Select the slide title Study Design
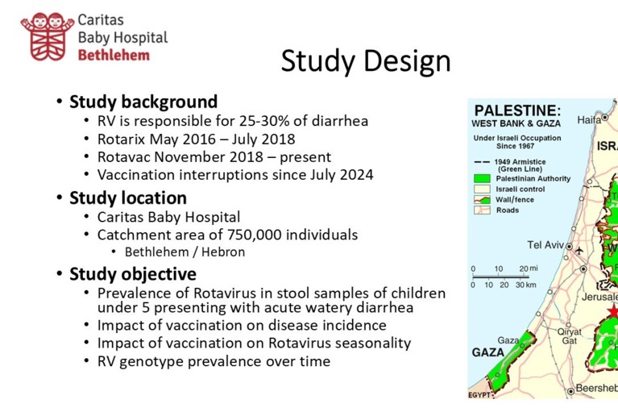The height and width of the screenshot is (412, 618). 365,62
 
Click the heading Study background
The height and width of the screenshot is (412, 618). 143,102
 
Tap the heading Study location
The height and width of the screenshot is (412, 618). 128,198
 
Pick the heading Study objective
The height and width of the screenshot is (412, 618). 133,273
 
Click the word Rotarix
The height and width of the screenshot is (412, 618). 123,139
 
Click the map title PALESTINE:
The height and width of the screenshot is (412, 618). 517,110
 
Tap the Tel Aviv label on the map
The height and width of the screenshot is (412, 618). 545,245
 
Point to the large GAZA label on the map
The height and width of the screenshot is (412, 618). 488,352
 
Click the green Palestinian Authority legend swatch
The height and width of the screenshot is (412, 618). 483,179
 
